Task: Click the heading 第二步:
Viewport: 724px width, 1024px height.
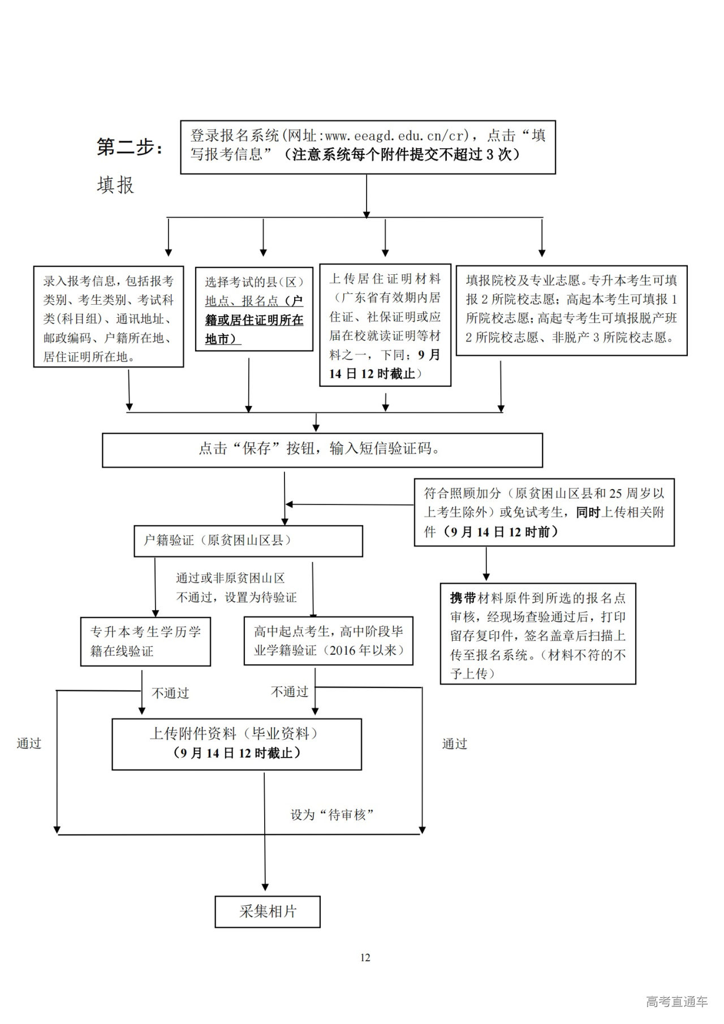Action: click(130, 148)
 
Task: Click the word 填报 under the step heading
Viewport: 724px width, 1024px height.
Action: click(115, 185)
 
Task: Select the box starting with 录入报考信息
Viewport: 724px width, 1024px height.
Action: click(109, 317)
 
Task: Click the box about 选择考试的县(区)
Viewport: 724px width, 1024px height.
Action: click(254, 309)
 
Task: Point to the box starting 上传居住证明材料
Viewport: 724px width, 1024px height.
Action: click(385, 325)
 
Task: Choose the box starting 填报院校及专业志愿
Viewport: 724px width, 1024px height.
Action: click(571, 310)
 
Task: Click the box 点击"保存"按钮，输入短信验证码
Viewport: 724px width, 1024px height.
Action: click(322, 450)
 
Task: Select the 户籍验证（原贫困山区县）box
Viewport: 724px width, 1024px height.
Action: click(248, 541)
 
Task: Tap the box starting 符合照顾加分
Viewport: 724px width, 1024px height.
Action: click(544, 512)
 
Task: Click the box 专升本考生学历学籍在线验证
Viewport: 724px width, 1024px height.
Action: click(145, 641)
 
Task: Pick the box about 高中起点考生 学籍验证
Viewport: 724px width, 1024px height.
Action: click(329, 641)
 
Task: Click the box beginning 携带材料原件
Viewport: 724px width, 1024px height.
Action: click(538, 634)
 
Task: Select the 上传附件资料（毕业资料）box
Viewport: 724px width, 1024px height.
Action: click(236, 744)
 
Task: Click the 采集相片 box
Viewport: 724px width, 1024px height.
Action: click(268, 911)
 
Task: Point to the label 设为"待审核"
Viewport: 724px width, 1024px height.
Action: click(332, 815)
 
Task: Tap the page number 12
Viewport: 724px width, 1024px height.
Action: click(365, 957)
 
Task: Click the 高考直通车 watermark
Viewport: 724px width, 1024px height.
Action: click(676, 1001)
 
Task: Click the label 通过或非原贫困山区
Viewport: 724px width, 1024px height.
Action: click(230, 578)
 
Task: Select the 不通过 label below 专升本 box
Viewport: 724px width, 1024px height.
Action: click(170, 693)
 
